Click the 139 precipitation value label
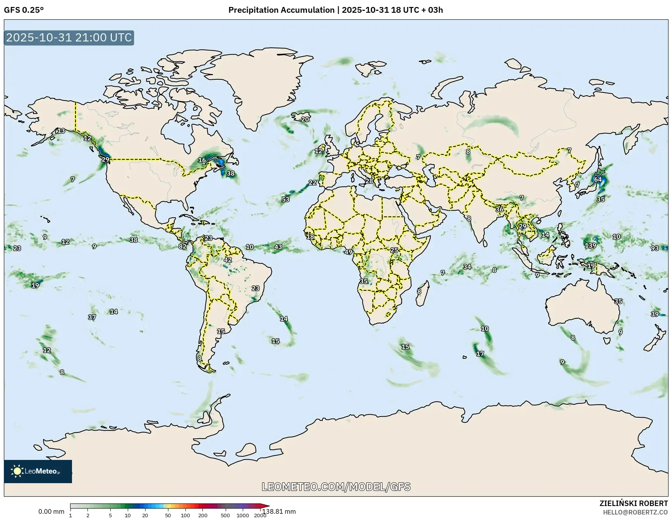[x=590, y=245]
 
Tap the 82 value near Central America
[x=182, y=246]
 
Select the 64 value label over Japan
[x=598, y=179]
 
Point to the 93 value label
[x=655, y=248]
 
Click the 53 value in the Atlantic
[x=285, y=199]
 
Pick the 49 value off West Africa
[x=348, y=252]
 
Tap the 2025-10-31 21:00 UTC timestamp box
[x=69, y=38]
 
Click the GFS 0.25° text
[x=24, y=10]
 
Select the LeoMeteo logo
[x=38, y=471]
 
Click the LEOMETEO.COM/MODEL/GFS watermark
[x=336, y=487]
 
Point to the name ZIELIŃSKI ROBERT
[x=633, y=504]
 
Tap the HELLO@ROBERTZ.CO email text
[x=636, y=512]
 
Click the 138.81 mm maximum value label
[x=279, y=511]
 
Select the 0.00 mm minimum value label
[x=51, y=511]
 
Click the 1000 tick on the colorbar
[x=243, y=515]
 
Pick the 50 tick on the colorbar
[x=168, y=515]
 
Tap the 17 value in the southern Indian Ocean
[x=480, y=353]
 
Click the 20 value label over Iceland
[x=305, y=119]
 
